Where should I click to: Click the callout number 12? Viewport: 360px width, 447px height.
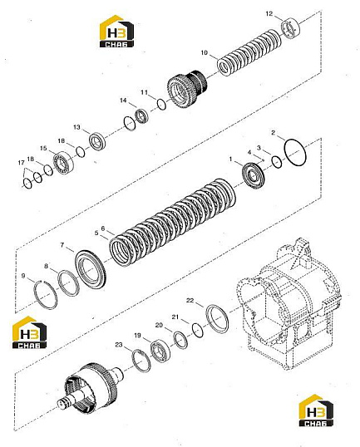pos(269,13)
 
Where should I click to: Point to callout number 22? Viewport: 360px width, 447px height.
pos(190,300)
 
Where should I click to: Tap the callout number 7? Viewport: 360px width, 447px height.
pos(62,245)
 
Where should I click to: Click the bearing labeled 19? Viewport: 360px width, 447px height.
pos(160,351)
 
